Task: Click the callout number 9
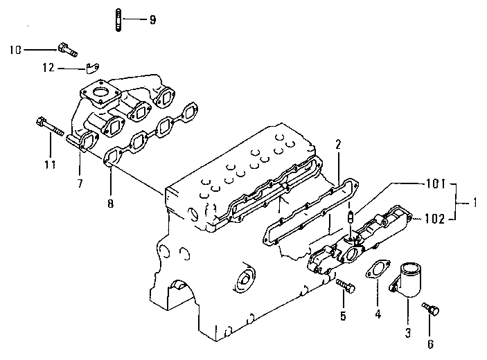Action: [152, 19]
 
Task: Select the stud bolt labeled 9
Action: [119, 19]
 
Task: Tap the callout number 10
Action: [16, 49]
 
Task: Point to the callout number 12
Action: [48, 68]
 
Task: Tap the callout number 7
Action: [80, 183]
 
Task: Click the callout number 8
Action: [109, 204]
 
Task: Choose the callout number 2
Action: [338, 145]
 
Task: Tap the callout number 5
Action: [342, 316]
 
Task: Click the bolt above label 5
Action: [344, 285]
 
